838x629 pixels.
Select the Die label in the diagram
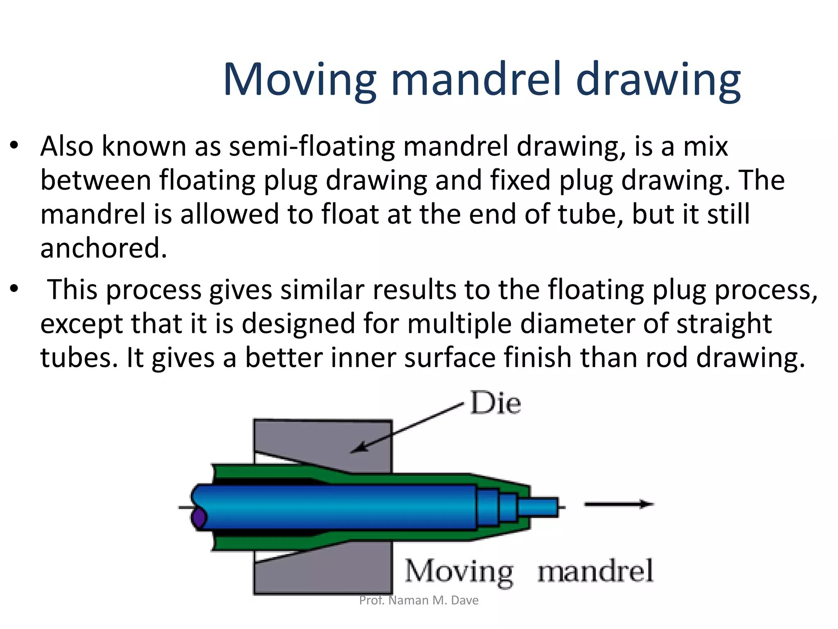pyautogui.click(x=496, y=403)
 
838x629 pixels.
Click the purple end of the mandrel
pyautogui.click(x=199, y=518)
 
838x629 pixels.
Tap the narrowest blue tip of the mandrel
pyautogui.click(x=538, y=507)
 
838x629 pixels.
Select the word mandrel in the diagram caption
pyautogui.click(x=595, y=571)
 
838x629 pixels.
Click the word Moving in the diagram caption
pyautogui.click(x=459, y=572)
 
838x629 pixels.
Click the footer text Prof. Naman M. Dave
pyautogui.click(x=419, y=600)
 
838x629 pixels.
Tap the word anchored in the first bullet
pyautogui.click(x=104, y=249)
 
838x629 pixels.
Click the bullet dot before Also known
pyautogui.click(x=15, y=145)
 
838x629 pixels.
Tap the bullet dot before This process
pyautogui.click(x=15, y=289)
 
